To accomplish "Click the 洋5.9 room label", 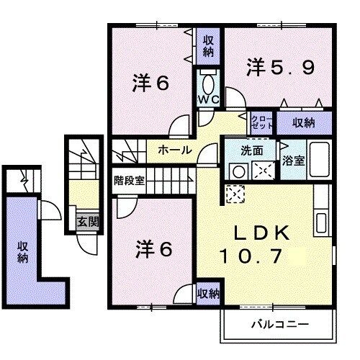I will (280, 68).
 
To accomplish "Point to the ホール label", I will (174, 150).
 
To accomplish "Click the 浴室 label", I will (292, 159).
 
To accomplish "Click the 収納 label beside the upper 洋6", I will (208, 45).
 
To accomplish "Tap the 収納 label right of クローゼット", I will (305, 123).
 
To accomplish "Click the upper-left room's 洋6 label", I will (152, 83).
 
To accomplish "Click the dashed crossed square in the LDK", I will (235, 194).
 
